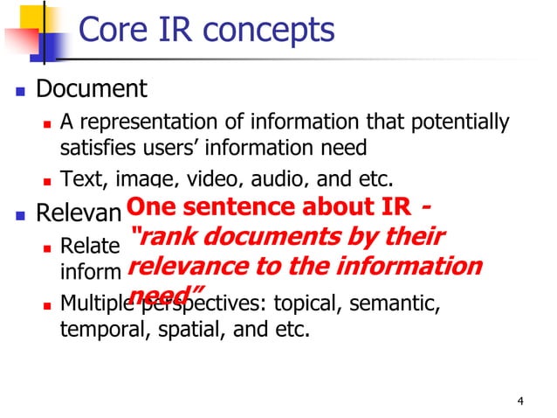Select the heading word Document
[x=92, y=89]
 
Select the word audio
[x=280, y=180]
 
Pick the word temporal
[x=99, y=331]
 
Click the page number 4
[x=520, y=401]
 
